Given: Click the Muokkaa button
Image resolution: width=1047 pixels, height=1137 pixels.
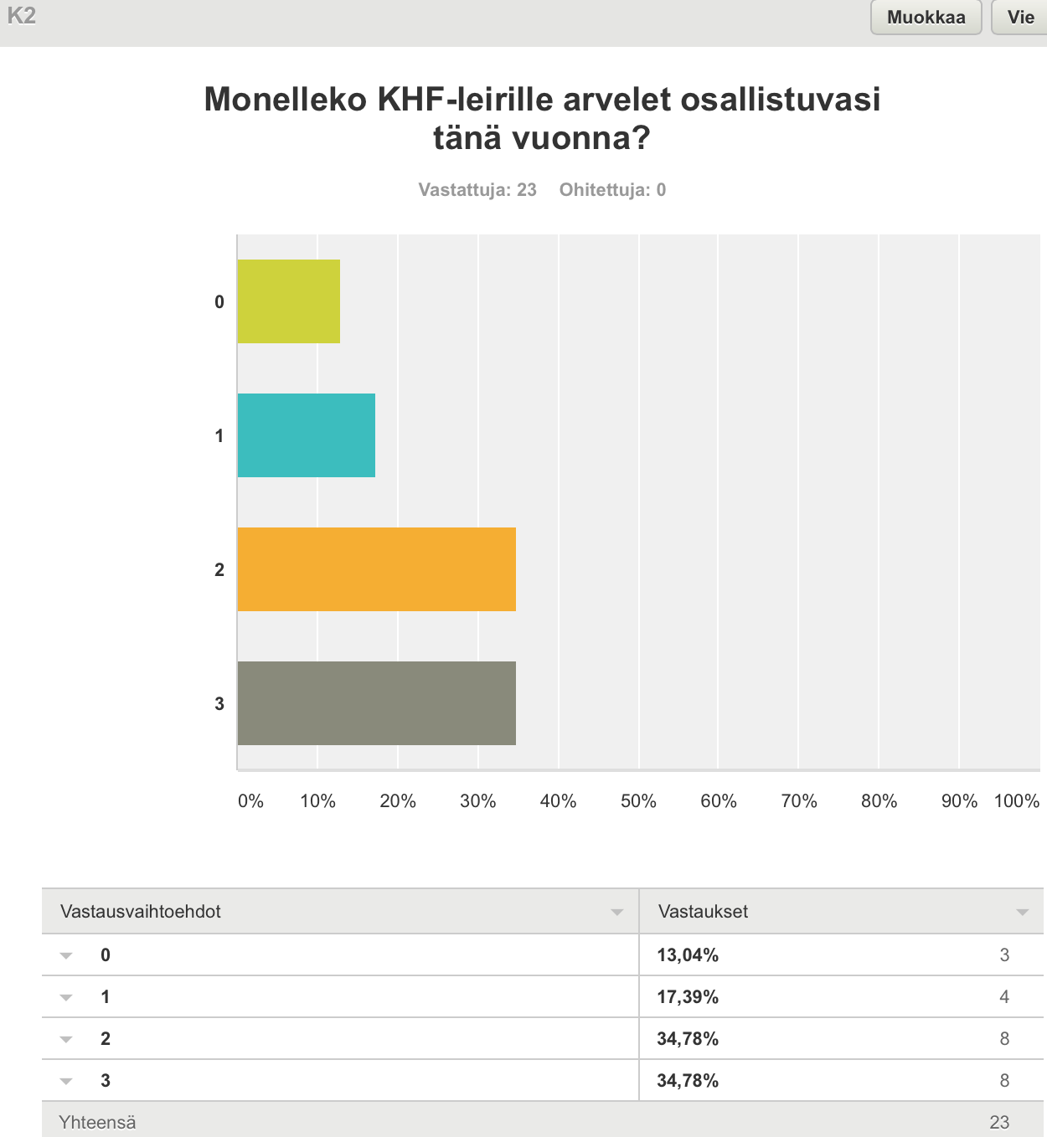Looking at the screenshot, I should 926,18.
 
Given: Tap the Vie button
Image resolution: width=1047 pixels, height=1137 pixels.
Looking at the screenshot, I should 1020,18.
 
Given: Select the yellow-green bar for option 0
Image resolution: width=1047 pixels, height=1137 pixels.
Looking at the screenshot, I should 289,301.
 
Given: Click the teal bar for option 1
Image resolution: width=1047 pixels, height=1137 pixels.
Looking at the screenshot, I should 307,435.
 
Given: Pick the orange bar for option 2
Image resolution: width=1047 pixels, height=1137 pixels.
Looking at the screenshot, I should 377,569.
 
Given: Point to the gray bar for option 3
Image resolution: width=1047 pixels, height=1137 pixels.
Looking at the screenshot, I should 377,703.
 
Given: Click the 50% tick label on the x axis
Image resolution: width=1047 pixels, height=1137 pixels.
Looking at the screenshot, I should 638,801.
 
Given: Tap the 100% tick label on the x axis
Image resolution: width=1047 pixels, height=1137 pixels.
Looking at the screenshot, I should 1016,801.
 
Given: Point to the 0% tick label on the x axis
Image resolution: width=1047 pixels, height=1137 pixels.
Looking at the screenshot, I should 250,801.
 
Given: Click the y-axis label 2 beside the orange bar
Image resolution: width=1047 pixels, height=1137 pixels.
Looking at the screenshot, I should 219,570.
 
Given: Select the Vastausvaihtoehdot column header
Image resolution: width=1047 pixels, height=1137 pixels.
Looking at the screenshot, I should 141,912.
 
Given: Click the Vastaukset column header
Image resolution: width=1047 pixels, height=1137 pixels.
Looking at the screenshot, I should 703,912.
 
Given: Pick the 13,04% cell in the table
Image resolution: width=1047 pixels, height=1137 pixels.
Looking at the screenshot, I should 688,955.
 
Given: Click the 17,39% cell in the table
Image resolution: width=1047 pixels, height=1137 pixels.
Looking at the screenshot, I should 688,997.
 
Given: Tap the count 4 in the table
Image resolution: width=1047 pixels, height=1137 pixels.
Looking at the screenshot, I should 1004,997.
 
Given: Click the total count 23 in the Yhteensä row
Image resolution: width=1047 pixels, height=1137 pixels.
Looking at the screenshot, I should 999,1123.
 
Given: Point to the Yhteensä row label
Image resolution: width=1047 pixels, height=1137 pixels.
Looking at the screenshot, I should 97,1123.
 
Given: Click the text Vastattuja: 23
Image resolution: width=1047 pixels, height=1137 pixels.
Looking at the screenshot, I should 477,190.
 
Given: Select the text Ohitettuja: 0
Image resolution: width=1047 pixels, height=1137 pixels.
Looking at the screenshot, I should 613,190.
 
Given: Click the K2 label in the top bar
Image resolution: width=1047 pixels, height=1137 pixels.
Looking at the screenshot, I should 21,16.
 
